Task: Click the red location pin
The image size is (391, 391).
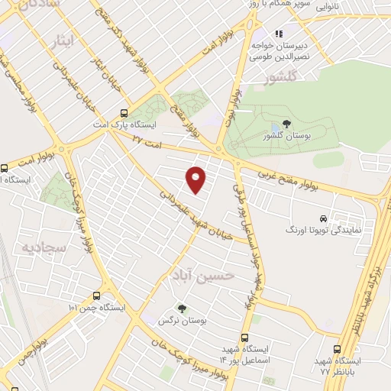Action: coord(197,178)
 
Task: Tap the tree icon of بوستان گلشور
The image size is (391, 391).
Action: coord(286,124)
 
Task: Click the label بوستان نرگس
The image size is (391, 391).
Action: coord(172,321)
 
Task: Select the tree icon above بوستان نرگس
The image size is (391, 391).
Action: coord(182,308)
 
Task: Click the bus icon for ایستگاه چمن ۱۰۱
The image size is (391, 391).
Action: coord(96,296)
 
